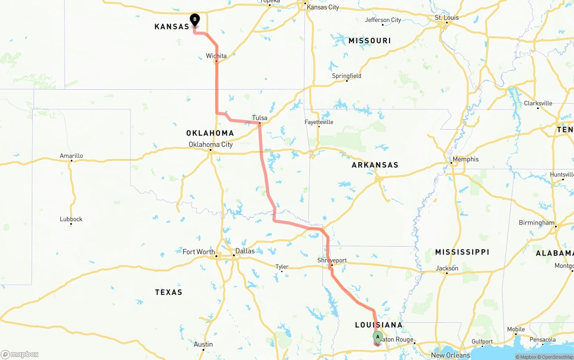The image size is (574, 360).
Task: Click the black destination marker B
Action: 195,19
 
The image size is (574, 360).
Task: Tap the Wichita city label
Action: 216,56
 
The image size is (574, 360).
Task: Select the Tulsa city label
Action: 260,118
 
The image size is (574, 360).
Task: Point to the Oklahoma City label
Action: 211,144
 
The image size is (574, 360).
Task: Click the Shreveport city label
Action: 332,260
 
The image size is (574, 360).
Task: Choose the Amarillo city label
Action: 71,156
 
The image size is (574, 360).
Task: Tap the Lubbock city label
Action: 71,219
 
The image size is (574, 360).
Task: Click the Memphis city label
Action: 465,159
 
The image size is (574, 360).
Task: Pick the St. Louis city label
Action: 447,17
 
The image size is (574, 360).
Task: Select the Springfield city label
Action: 347,76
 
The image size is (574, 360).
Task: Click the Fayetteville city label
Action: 319,122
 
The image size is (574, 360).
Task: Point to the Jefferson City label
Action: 383,20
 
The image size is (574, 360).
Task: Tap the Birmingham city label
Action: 536,223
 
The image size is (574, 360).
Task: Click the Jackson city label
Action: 447,268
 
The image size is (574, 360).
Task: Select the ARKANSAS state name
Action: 375,165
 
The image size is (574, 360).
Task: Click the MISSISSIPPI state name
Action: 462,252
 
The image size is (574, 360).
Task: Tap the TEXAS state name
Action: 169,292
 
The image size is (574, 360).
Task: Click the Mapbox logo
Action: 20,354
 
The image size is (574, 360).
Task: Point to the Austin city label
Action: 203,344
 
